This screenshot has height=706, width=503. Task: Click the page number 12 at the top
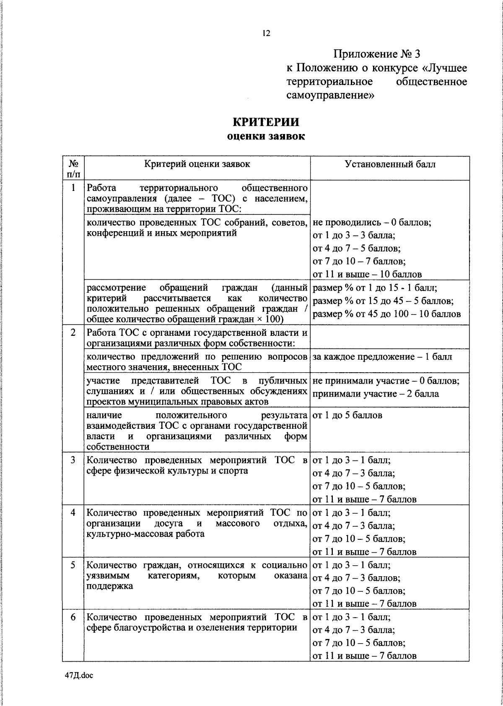tap(266, 33)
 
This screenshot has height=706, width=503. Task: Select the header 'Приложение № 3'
tap(376, 54)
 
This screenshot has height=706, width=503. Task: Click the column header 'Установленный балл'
tap(390, 164)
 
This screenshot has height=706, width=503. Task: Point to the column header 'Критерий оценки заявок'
tap(197, 164)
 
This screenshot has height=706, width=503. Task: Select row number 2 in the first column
tap(73, 332)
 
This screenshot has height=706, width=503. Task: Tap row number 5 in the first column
tap(73, 565)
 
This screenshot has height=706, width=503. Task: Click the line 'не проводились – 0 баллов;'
tap(372, 222)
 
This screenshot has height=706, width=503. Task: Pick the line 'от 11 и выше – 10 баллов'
tap(367, 274)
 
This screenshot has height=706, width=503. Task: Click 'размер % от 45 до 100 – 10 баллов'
tap(386, 314)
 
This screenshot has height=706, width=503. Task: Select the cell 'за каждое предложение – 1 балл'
tap(382, 357)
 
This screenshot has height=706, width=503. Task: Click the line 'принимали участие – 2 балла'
tap(376, 394)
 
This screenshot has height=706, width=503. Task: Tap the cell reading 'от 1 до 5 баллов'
tap(347, 415)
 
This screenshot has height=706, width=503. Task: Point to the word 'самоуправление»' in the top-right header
tap(330, 95)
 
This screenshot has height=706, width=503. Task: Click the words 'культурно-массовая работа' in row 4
tap(145, 534)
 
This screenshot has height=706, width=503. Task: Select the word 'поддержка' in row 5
tap(110, 586)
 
